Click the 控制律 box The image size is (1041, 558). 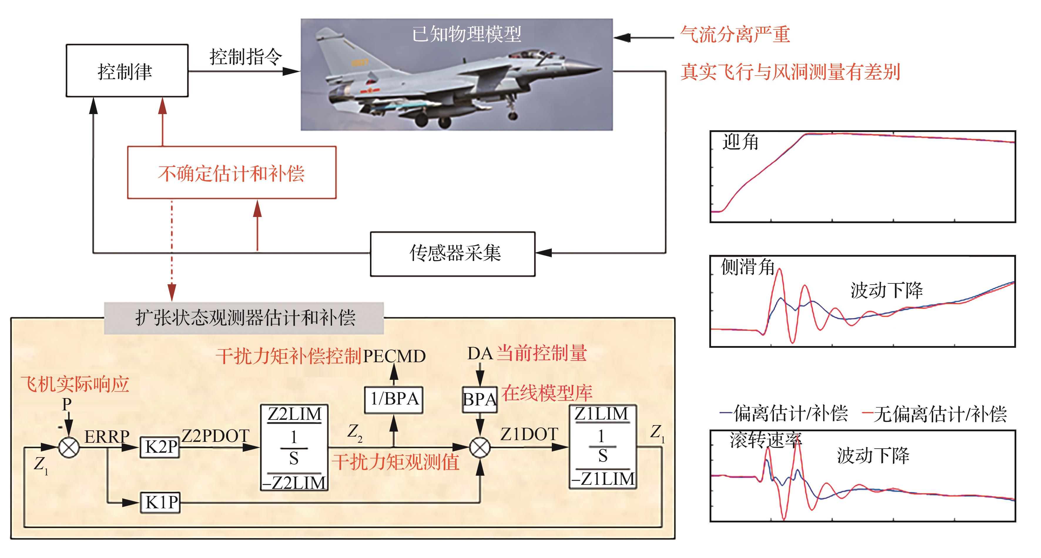pos(126,71)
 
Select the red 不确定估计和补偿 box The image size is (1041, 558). pos(232,173)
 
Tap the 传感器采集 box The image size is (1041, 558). pos(452,253)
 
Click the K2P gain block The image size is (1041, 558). pos(160,447)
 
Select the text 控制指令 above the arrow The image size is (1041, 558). pos(245,57)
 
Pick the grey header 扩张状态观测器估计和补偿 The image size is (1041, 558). pos(244,318)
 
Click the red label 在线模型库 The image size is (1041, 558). pos(547,392)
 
